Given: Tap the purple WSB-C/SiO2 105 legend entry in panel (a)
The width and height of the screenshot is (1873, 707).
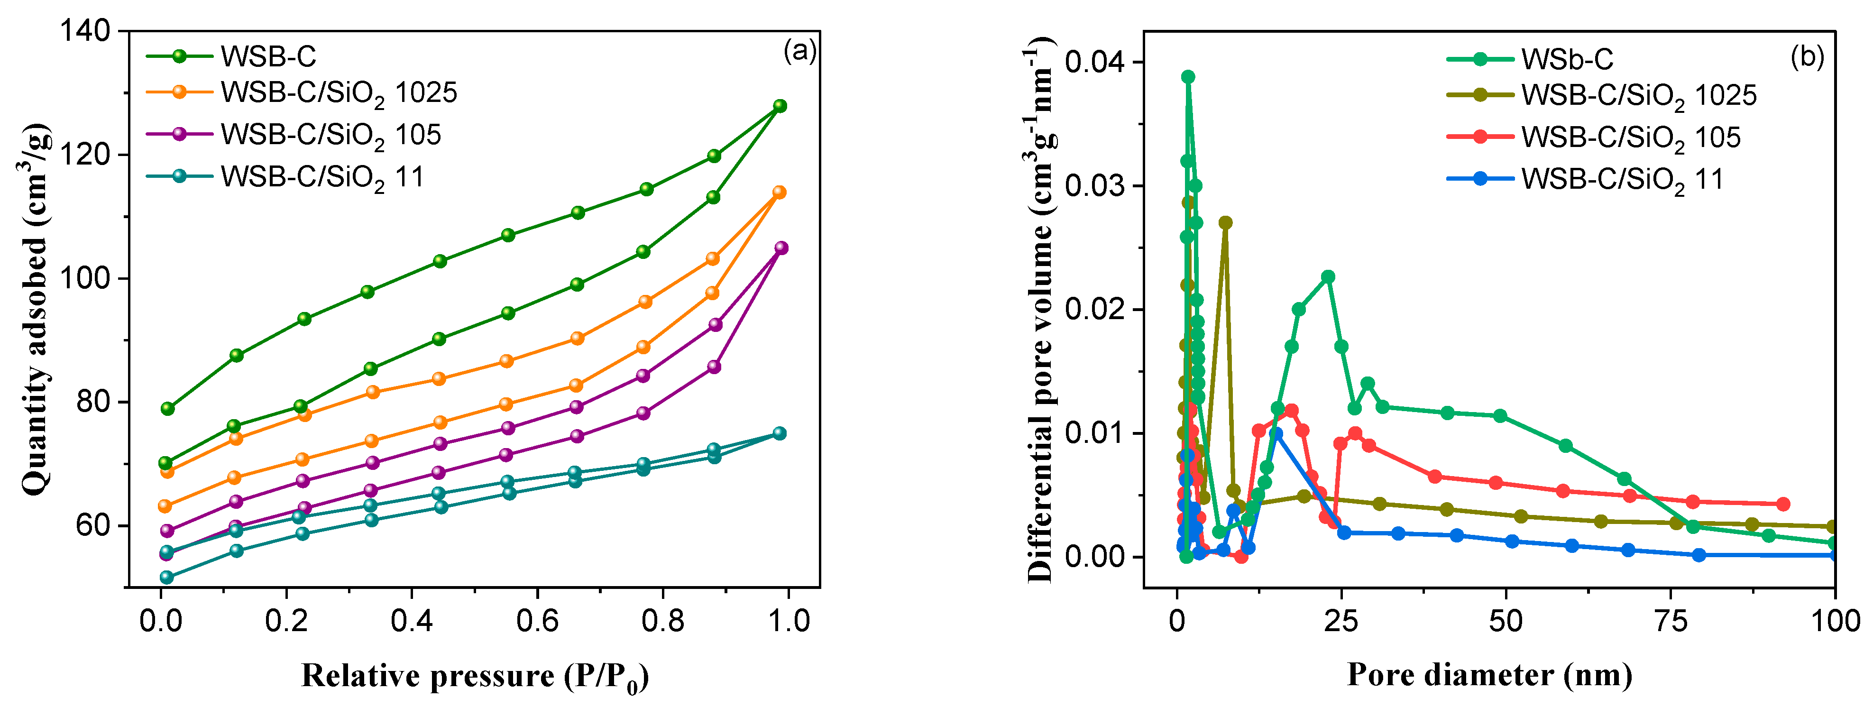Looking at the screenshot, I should (331, 135).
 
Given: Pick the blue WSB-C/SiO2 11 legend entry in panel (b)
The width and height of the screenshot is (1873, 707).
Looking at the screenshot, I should (1621, 179).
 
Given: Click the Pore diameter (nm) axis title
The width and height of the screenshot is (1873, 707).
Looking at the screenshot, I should (1489, 675).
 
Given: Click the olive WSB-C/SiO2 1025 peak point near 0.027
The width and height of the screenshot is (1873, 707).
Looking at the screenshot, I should (1225, 222).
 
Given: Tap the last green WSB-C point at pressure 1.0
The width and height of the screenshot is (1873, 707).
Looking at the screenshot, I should (780, 106).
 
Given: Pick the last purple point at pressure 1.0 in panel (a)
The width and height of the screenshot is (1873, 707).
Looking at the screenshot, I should (781, 248).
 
